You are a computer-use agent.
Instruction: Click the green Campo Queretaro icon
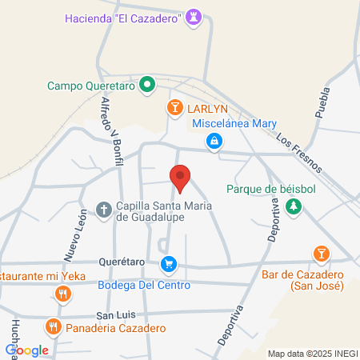(x=147, y=84)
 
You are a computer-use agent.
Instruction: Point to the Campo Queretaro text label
(x=92, y=85)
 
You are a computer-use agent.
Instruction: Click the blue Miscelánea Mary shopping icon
(x=214, y=142)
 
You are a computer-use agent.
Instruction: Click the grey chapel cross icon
(x=103, y=210)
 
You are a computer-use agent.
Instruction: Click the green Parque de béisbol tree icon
(x=294, y=206)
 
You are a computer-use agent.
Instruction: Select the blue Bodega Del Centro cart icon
(x=168, y=264)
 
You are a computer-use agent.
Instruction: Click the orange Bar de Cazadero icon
(x=320, y=254)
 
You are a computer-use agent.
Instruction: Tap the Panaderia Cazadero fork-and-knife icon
(x=54, y=326)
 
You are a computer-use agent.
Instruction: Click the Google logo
(x=26, y=350)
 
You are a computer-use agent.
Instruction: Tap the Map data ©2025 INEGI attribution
(x=313, y=354)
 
